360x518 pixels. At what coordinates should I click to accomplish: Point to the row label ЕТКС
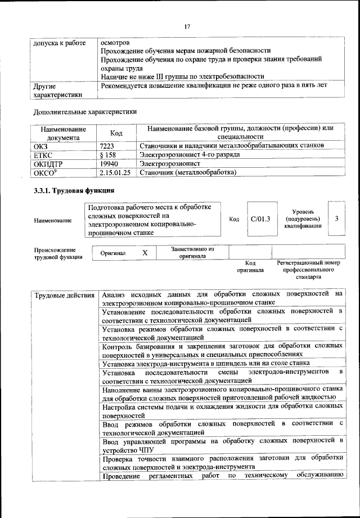point(44,155)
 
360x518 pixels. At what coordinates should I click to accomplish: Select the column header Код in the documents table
point(116,133)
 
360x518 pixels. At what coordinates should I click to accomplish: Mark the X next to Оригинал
point(145,253)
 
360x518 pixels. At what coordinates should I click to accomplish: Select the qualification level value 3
point(336,218)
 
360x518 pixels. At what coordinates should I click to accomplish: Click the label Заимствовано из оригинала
point(192,253)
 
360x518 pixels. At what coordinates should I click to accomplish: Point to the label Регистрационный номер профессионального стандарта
point(308,270)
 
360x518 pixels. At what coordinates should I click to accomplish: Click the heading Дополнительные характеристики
point(85,112)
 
